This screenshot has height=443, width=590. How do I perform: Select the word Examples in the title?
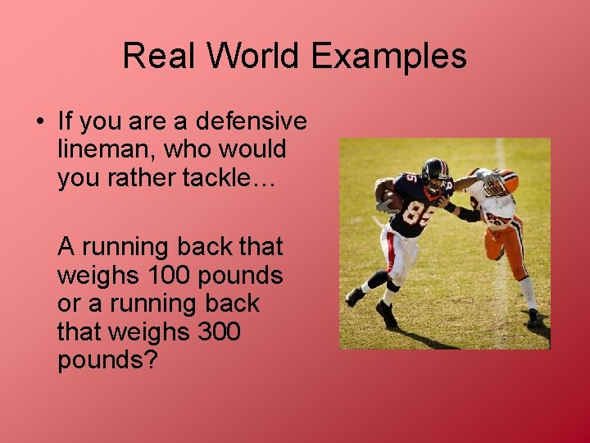[389, 56]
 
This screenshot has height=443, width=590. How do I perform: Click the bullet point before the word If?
[40, 122]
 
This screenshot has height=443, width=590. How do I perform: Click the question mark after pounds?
[149, 360]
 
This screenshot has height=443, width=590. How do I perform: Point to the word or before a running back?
[70, 303]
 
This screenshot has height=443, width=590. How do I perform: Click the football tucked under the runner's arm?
[393, 201]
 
